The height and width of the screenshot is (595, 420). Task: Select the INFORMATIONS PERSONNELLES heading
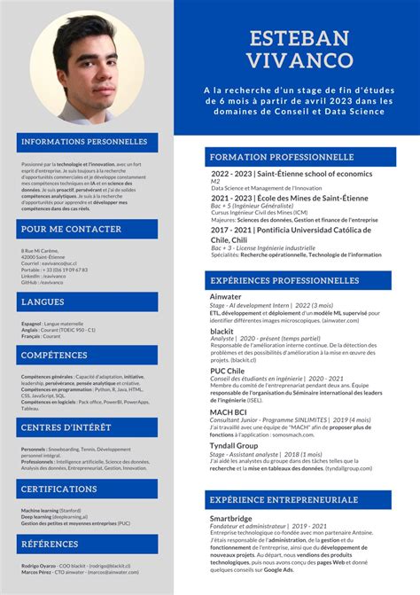tap(84, 142)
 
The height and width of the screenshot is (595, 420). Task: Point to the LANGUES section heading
tap(43, 302)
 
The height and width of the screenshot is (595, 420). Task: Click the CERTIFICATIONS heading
tap(59, 489)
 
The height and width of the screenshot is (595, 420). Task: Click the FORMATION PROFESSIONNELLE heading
tap(281, 157)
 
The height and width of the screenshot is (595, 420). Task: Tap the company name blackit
tap(222, 331)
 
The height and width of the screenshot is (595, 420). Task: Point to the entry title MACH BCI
tap(228, 412)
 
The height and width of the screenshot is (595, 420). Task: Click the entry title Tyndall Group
tap(234, 445)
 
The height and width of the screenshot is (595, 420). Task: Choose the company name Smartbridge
tap(231, 518)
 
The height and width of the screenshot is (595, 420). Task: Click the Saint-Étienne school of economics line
tap(292, 174)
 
